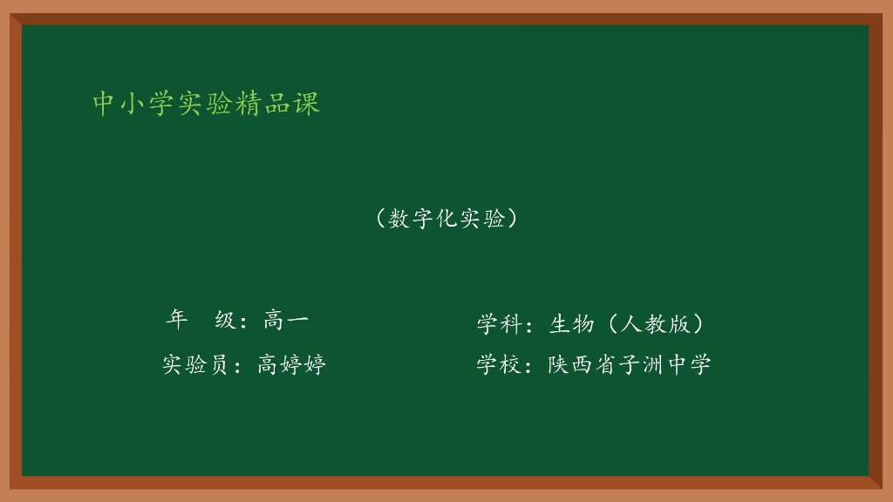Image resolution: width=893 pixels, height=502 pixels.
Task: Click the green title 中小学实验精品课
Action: click(207, 104)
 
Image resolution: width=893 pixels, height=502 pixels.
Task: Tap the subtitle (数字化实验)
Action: click(446, 219)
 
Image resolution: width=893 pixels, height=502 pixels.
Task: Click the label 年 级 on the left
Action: click(201, 321)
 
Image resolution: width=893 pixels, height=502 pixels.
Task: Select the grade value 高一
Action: click(285, 321)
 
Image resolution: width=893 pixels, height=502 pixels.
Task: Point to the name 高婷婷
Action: click(291, 364)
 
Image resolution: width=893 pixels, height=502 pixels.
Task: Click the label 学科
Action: click(498, 324)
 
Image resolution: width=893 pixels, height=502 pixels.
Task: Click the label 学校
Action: click(498, 364)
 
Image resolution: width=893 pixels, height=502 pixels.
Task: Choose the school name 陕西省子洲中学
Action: click(630, 364)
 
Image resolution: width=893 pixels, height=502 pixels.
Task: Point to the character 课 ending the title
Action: click(308, 104)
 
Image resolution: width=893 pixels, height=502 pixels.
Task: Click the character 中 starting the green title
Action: click(105, 104)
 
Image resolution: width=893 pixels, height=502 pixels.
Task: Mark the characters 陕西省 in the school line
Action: click(582, 364)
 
